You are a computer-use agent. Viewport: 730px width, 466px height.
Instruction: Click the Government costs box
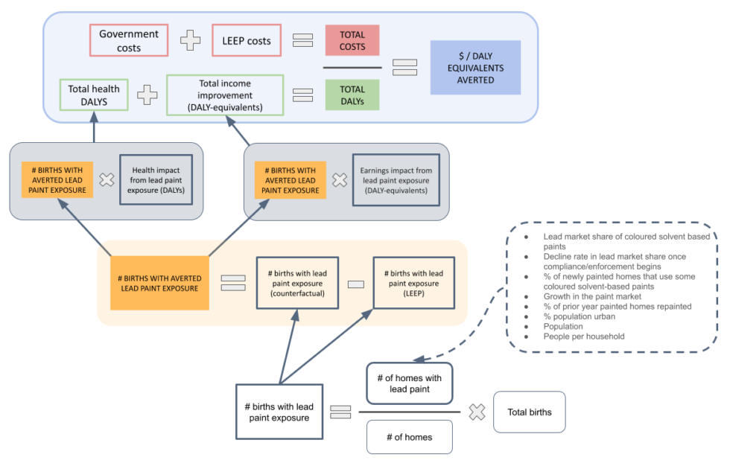[x=129, y=40]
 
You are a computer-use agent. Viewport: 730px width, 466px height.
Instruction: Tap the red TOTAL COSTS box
[x=352, y=40]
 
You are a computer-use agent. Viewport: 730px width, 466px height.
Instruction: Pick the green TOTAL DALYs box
[x=352, y=95]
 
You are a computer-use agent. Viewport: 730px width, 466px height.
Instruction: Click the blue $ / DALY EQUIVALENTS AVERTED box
[x=475, y=68]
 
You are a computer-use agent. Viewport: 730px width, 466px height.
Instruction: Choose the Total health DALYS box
[x=94, y=95]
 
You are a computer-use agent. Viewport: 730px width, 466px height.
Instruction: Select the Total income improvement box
[x=225, y=95]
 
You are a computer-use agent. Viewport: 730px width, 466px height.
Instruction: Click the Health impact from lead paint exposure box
[x=156, y=179]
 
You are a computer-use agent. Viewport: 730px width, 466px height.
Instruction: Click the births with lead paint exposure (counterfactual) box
[x=296, y=283]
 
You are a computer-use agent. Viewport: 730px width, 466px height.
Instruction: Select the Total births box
[x=529, y=412]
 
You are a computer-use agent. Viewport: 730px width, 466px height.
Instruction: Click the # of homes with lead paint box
[x=409, y=383]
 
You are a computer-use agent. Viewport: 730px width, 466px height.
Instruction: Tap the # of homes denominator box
[x=409, y=437]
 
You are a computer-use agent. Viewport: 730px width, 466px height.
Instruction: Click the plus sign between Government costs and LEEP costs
[x=191, y=40]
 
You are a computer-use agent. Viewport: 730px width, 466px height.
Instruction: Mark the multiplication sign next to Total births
[x=477, y=412]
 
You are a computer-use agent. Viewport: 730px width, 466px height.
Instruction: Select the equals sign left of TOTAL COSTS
[x=302, y=40]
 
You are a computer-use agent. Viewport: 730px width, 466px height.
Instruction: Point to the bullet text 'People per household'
[x=584, y=336]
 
